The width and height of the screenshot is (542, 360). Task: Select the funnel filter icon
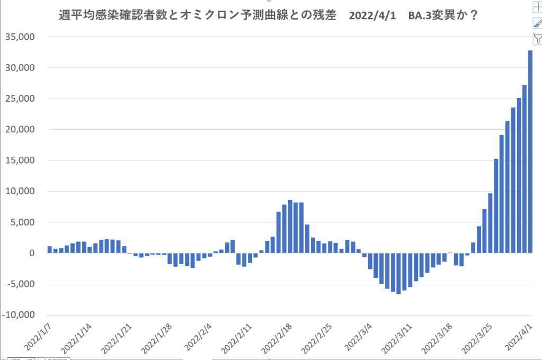pos(537,38)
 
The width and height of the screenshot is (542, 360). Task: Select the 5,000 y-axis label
pos(22,222)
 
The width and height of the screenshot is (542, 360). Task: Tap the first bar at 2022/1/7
pos(49,250)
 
